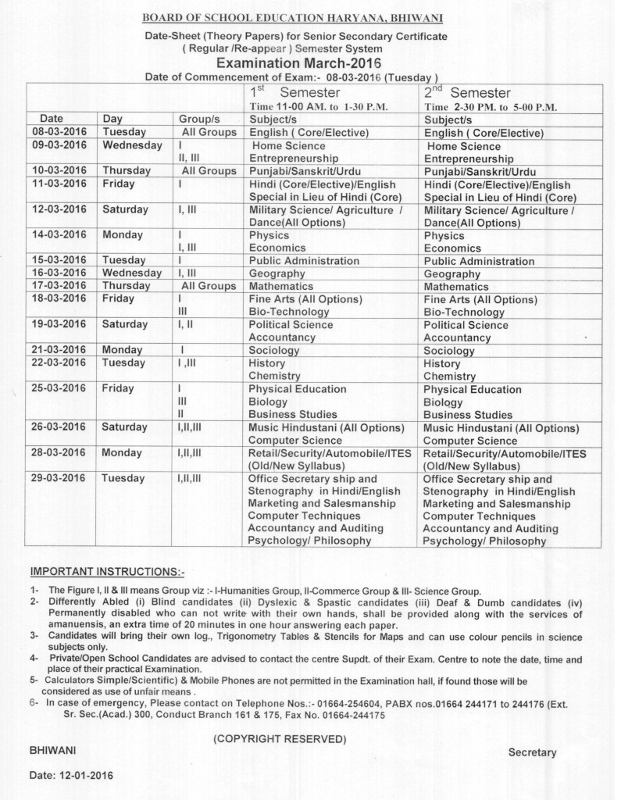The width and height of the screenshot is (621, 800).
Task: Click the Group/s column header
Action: coord(197,119)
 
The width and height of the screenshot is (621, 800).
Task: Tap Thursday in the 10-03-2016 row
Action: coord(127,170)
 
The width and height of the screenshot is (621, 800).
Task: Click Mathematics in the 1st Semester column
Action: coord(280,286)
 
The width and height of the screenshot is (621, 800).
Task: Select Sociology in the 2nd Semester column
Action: coord(449,351)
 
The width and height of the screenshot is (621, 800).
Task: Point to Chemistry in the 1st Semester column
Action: coord(274,376)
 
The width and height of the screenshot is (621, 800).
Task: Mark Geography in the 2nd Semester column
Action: coord(452,274)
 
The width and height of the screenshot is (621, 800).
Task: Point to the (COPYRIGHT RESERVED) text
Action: coord(280,738)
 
